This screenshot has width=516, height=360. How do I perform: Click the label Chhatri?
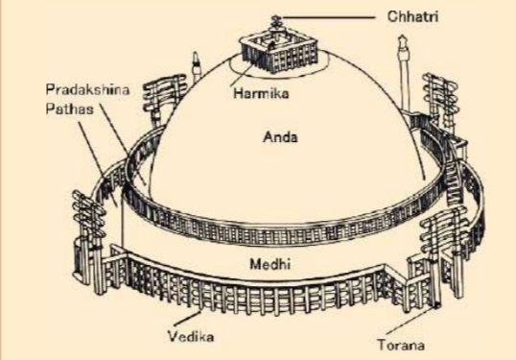[412, 16]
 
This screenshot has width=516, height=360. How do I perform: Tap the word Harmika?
[261, 93]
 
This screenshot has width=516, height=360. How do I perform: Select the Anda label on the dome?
[280, 137]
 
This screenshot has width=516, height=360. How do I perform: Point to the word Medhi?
[270, 264]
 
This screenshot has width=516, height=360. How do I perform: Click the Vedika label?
[191, 337]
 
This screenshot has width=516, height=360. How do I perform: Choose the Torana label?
[401, 345]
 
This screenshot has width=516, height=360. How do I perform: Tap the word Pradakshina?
[87, 89]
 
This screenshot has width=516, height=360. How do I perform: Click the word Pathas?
[69, 109]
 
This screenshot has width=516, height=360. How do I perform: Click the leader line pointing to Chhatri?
[328, 17]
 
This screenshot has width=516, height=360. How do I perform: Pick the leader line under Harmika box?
[245, 72]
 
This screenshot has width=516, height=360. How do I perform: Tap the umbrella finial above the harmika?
[274, 22]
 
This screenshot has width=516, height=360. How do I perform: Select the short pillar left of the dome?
[196, 66]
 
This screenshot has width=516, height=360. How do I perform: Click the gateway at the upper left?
[162, 99]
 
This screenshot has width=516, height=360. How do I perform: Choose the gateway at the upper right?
[441, 101]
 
